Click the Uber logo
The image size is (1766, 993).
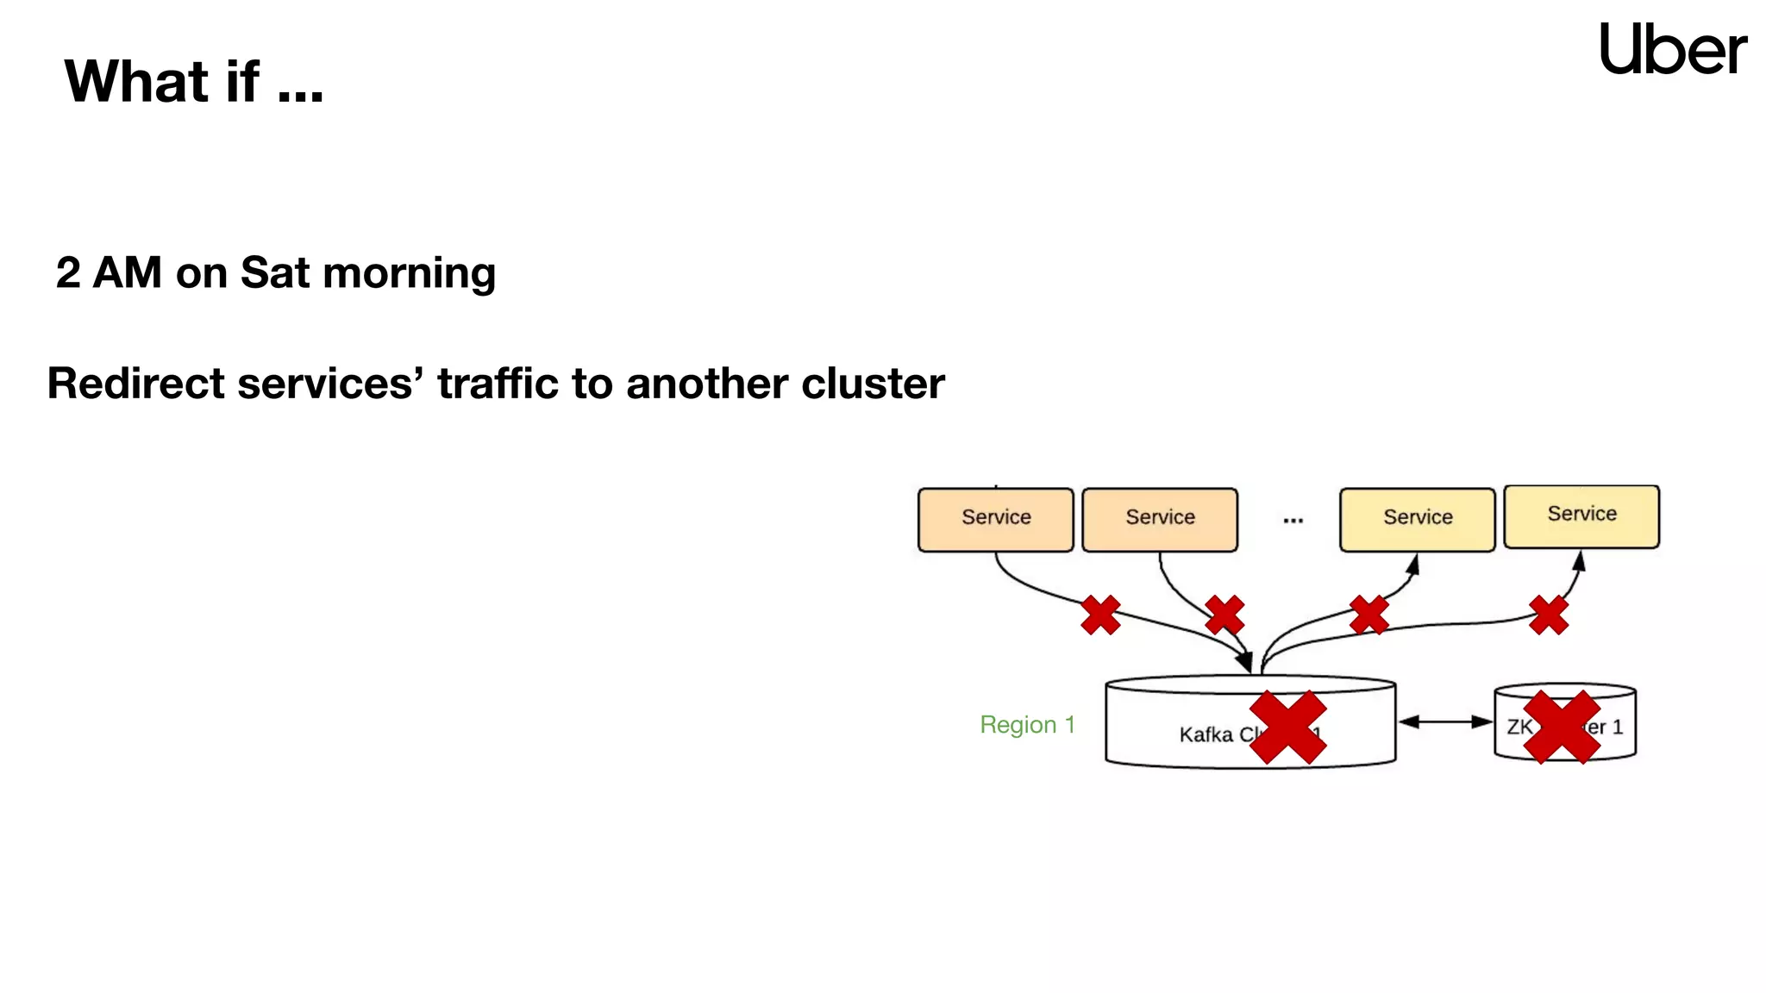(x=1672, y=49)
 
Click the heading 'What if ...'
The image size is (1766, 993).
(x=194, y=81)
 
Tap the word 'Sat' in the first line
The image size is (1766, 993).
(x=275, y=272)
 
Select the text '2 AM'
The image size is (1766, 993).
(x=109, y=272)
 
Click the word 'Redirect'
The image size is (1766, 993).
(x=135, y=383)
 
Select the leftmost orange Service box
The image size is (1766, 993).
(x=995, y=519)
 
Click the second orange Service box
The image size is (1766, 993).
(x=1159, y=519)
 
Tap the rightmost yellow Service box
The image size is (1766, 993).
(x=1581, y=515)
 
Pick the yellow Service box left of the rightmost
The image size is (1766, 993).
(x=1417, y=519)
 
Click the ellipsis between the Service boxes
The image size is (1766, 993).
(x=1293, y=520)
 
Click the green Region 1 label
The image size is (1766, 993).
(x=1027, y=724)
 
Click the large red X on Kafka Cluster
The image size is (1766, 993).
(x=1287, y=727)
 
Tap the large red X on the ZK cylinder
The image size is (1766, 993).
(x=1562, y=727)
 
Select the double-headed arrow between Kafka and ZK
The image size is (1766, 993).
(x=1444, y=721)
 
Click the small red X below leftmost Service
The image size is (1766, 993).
(x=1100, y=615)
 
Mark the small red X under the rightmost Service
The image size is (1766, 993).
(x=1549, y=615)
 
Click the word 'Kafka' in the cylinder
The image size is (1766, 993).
(x=1206, y=734)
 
